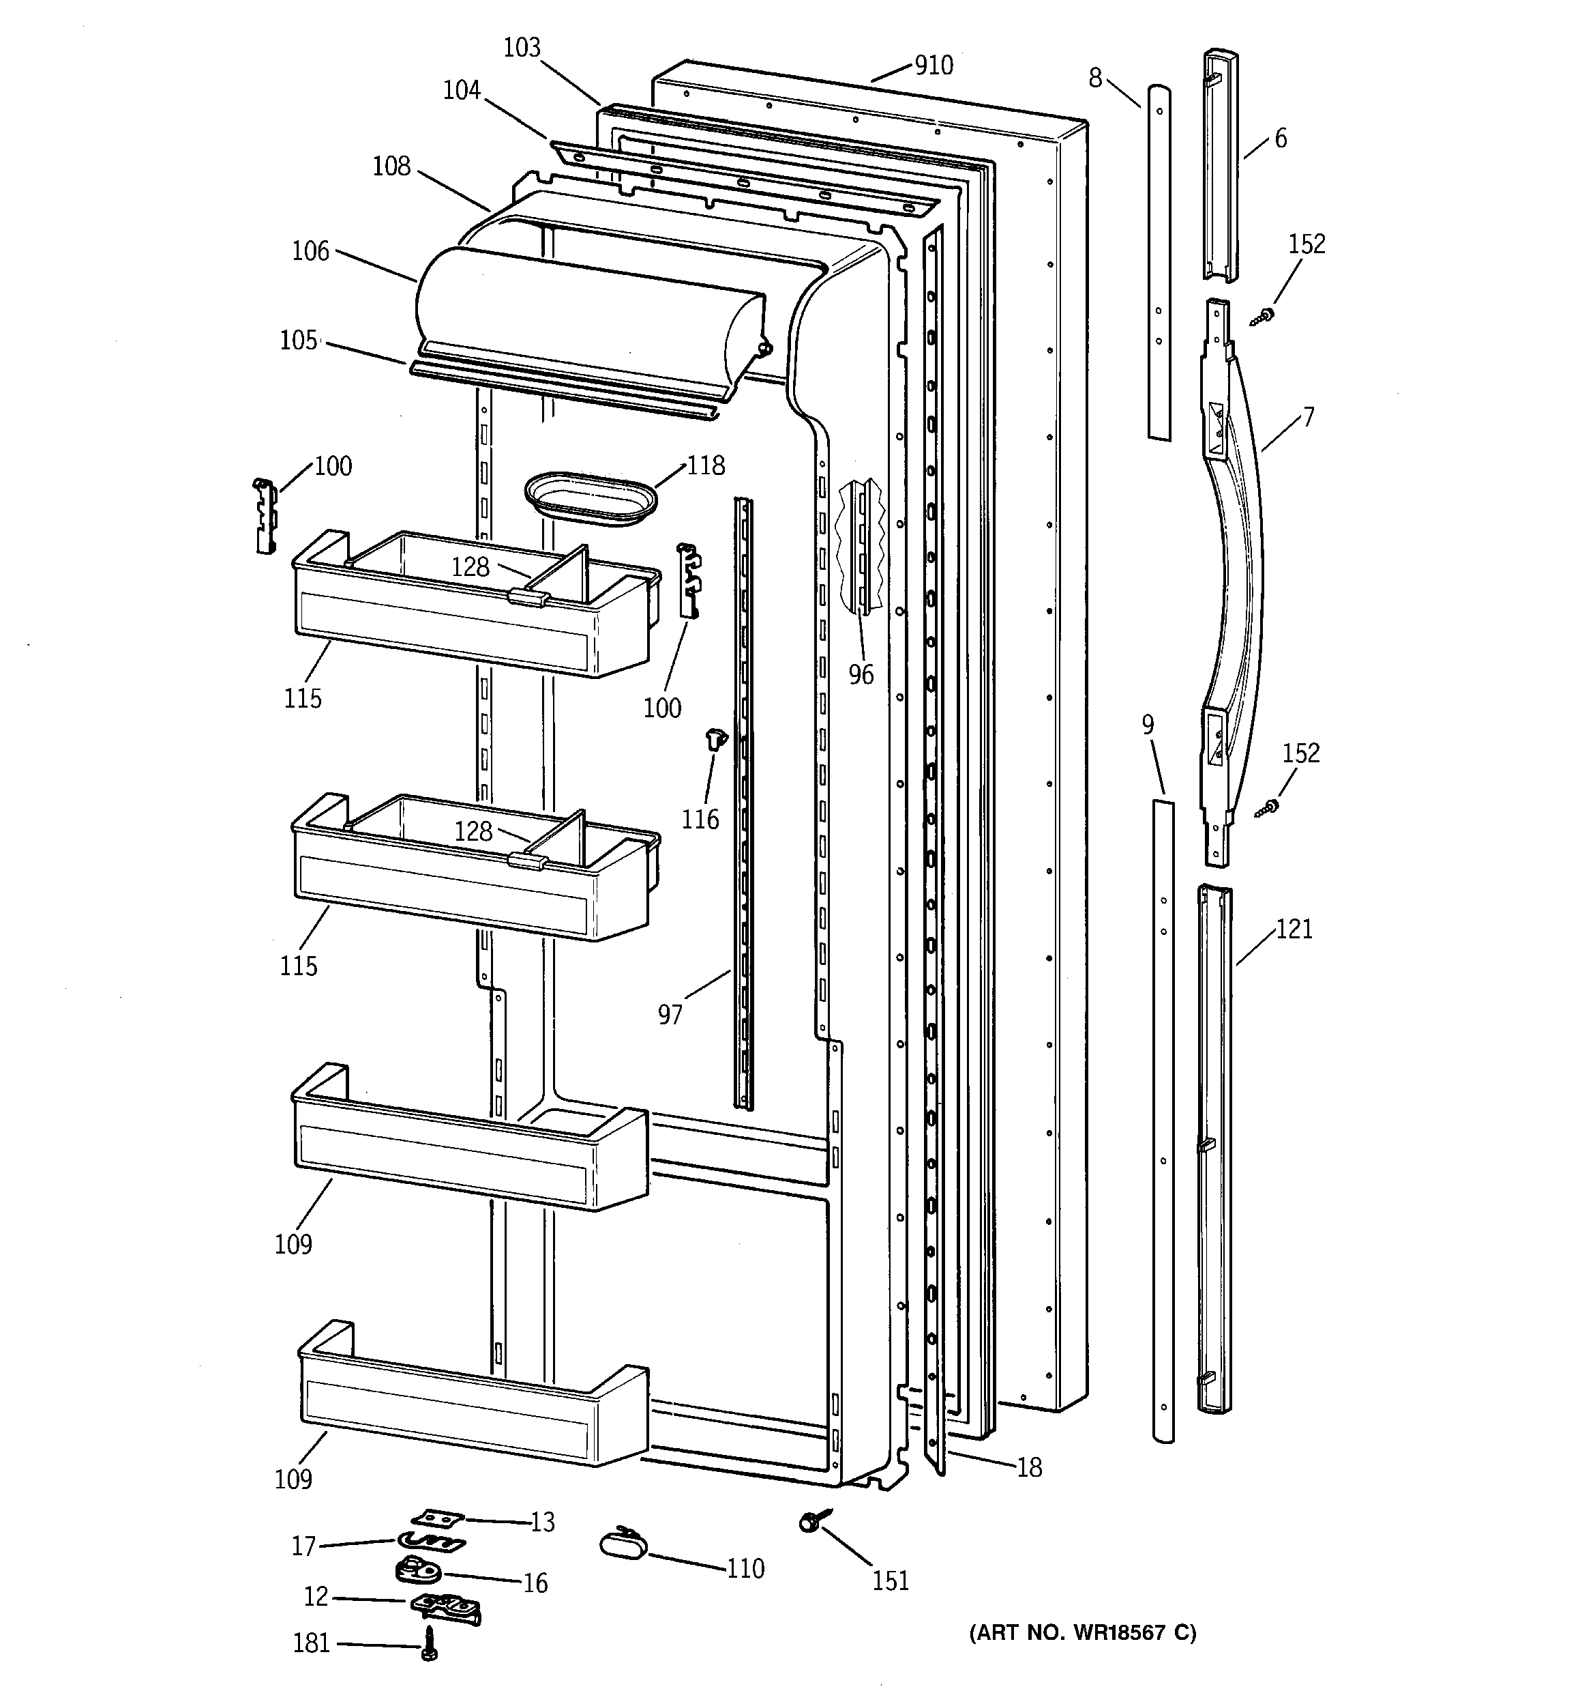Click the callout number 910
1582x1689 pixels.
[934, 66]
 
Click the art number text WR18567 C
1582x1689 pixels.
[1083, 1632]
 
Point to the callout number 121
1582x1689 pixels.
[1294, 929]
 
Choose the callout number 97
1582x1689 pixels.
[670, 1013]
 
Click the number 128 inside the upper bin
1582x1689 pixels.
[471, 566]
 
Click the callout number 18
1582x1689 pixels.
[1029, 1467]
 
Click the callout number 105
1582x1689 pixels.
[299, 340]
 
